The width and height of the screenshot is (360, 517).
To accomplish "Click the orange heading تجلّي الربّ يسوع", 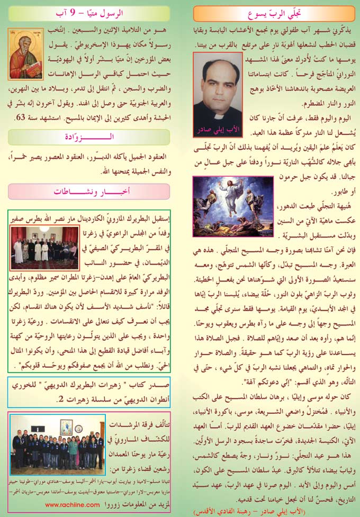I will (x=269, y=13).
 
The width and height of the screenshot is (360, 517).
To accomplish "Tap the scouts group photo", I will (x=58, y=445).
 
